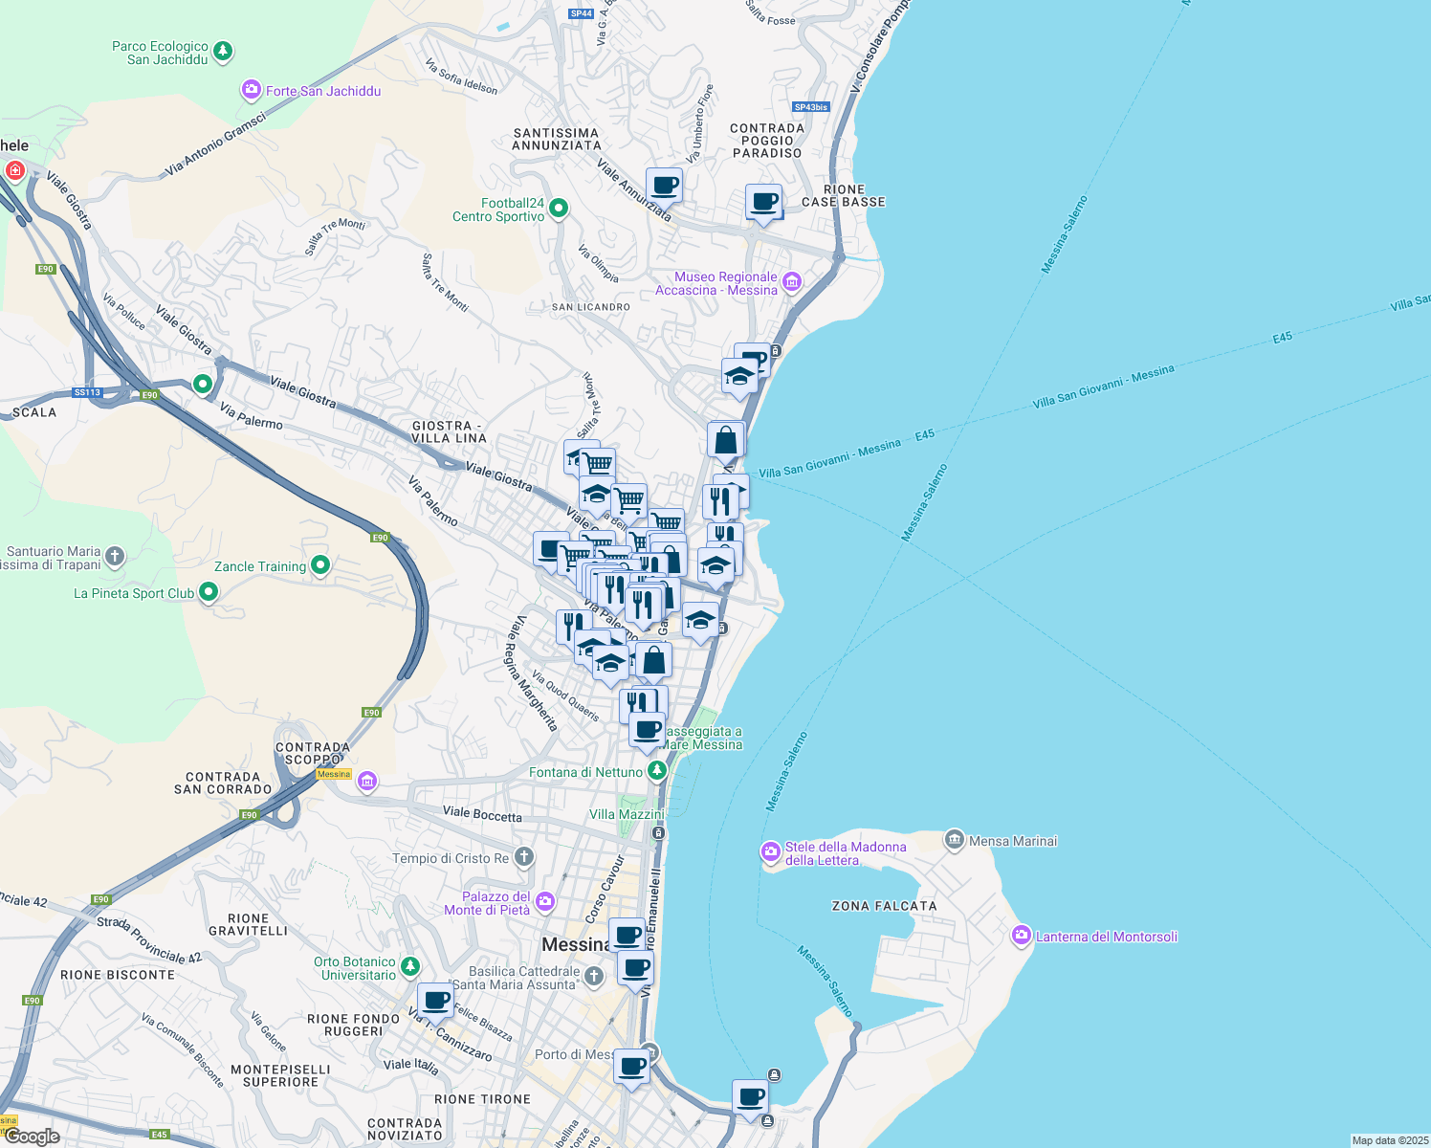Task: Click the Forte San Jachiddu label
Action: pos(322,91)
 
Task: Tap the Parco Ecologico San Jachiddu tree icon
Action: pos(223,51)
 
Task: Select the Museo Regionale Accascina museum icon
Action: pos(791,282)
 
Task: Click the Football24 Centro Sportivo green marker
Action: pos(559,209)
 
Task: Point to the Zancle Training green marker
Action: pos(320,565)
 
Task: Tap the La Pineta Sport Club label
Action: pos(134,593)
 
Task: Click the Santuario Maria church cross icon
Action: pos(115,556)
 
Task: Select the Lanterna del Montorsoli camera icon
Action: pos(1021,936)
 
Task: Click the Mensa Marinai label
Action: pos(1013,841)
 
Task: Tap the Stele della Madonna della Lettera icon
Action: pos(770,851)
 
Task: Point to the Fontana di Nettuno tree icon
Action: pos(656,771)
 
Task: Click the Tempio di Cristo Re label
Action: pos(451,858)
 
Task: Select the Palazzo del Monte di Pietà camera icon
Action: pos(545,901)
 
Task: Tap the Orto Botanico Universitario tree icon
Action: pos(409,966)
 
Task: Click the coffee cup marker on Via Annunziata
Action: pos(664,185)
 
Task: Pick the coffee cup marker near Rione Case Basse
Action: pos(763,202)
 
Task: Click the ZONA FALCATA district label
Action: pos(884,906)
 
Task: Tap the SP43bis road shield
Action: pos(810,107)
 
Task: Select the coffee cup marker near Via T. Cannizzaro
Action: pos(435,1001)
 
